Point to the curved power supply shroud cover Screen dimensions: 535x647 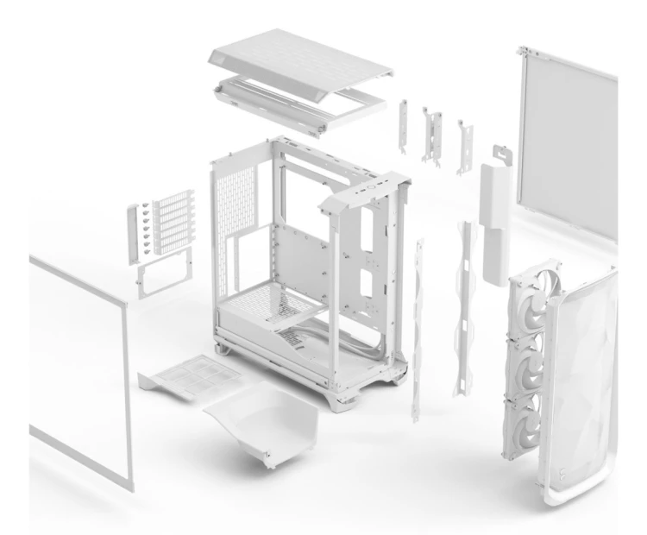click(x=260, y=419)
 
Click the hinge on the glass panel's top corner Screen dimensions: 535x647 click(x=522, y=52)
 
